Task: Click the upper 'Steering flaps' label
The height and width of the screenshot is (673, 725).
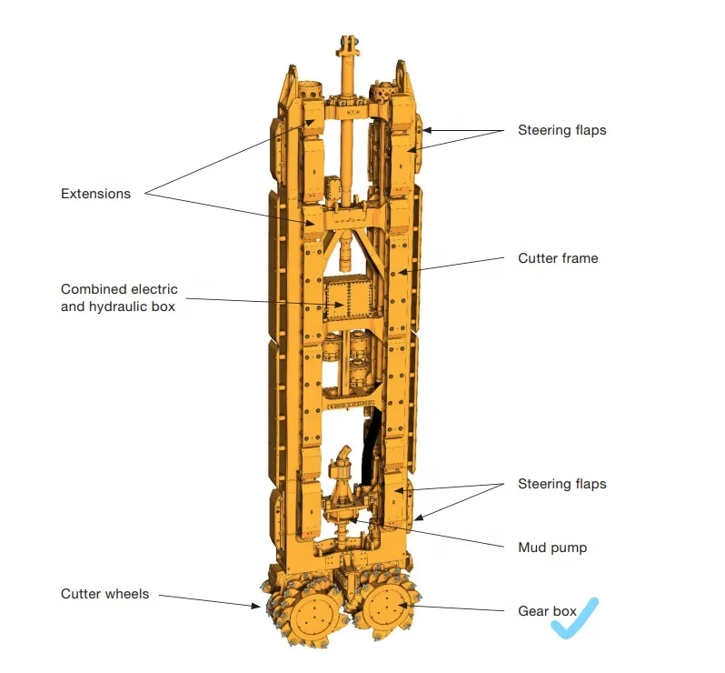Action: tap(561, 130)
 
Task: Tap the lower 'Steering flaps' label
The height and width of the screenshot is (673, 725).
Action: tap(561, 484)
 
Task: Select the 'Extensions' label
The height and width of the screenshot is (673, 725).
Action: tap(95, 194)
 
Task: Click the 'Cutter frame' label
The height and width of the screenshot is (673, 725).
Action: tap(558, 258)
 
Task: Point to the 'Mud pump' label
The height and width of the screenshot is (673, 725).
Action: tap(552, 547)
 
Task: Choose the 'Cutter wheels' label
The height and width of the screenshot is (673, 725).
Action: tap(104, 594)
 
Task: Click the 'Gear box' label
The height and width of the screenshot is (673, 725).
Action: tap(547, 611)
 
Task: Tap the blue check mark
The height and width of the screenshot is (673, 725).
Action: tap(577, 619)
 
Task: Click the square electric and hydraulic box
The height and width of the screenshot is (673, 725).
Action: tap(349, 297)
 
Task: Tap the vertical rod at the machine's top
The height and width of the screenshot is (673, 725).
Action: tap(347, 136)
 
